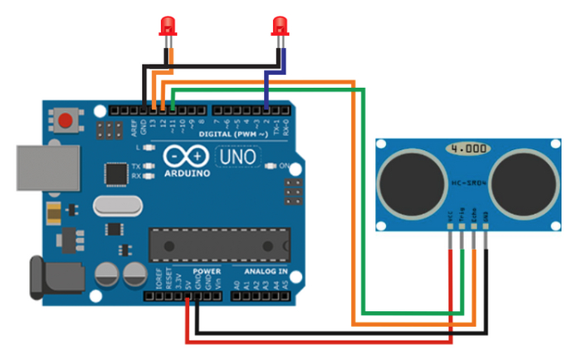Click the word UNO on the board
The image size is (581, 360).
click(x=237, y=156)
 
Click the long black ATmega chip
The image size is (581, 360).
click(x=220, y=244)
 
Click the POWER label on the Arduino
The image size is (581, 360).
click(x=206, y=271)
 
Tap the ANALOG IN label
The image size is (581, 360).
click(x=266, y=271)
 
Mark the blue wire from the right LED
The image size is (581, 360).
click(x=266, y=83)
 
